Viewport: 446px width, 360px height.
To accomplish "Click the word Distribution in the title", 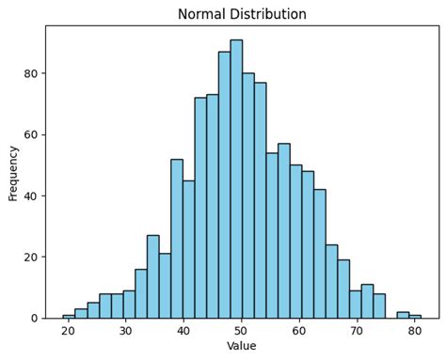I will coord(274,14).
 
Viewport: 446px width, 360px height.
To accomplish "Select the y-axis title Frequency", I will coord(13,172).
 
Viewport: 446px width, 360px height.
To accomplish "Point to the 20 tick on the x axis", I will coord(68,331).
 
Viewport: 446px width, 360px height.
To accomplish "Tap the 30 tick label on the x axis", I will coord(126,331).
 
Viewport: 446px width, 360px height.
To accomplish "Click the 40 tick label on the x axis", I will coord(183,331).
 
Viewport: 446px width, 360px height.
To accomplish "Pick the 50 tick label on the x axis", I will coord(242,331).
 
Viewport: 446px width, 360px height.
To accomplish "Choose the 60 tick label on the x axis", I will coord(299,331).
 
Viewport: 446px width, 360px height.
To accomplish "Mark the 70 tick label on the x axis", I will coord(358,331).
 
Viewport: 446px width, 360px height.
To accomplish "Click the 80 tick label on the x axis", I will coord(415,331).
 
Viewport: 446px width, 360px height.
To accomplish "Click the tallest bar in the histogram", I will coord(236,179).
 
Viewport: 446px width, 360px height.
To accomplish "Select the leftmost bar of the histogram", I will coord(69,317).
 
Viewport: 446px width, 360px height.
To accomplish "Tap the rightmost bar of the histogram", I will coord(415,317).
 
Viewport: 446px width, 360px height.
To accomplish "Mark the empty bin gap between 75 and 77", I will coord(390,315).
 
